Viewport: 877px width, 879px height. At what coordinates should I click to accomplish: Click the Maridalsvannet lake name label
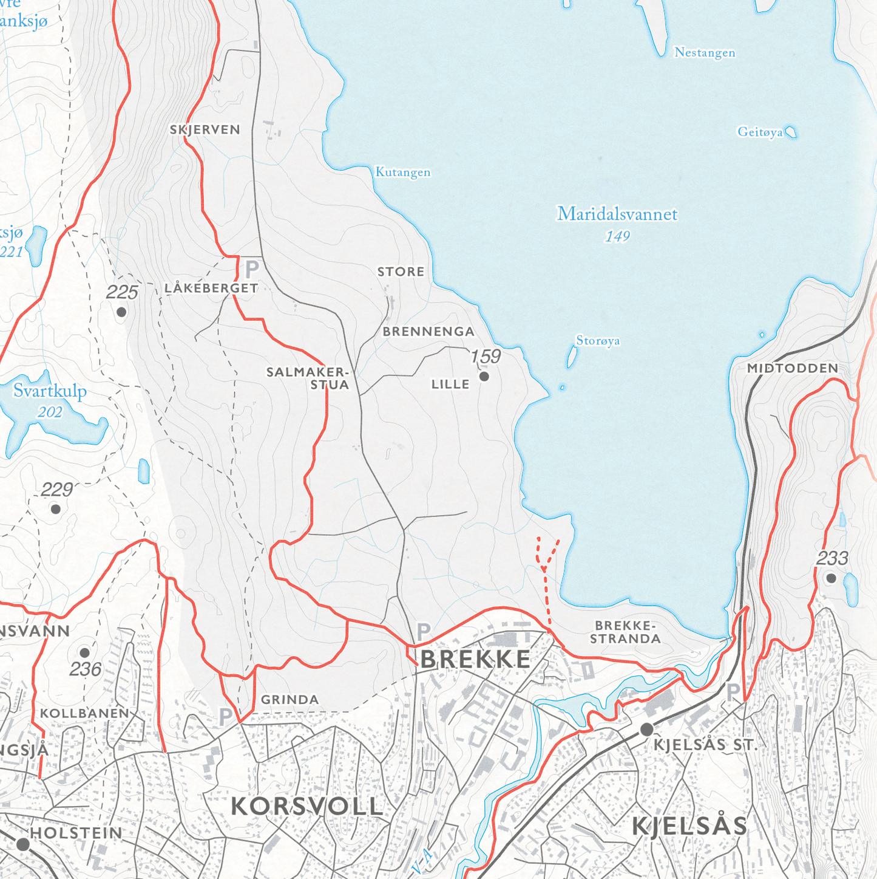coord(617,214)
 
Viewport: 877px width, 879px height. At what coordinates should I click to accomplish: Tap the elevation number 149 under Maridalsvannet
coord(617,236)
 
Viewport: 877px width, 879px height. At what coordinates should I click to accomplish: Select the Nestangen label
coord(705,53)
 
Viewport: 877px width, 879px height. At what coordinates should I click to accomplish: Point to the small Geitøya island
coord(790,132)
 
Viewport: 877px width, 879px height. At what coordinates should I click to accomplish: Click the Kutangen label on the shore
coord(403,173)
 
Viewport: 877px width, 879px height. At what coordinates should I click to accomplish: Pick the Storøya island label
coord(598,341)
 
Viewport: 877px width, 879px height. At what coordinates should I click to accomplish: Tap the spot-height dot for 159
coord(484,377)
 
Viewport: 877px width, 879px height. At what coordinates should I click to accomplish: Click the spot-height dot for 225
coord(121,312)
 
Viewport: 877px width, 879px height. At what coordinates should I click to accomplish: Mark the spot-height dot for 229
coord(56,509)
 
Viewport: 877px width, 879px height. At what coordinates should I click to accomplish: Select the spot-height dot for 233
coord(831,578)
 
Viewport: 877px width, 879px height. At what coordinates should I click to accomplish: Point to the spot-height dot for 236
coord(84,652)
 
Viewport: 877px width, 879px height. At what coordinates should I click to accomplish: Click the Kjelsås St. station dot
coord(647,729)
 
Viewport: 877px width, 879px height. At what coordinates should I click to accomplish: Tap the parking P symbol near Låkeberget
coord(252,268)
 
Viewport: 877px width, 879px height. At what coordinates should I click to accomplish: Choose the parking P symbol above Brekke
coord(424,632)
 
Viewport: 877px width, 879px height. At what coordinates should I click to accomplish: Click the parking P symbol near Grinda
coord(225,717)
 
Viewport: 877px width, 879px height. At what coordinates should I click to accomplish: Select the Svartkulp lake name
coord(50,391)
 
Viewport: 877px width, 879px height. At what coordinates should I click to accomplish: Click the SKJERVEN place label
coord(205,129)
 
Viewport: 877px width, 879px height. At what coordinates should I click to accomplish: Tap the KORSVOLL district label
coord(307,807)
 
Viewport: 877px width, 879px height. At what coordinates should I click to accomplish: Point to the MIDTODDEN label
coord(793,368)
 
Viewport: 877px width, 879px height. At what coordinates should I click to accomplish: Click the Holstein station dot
coord(23,844)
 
